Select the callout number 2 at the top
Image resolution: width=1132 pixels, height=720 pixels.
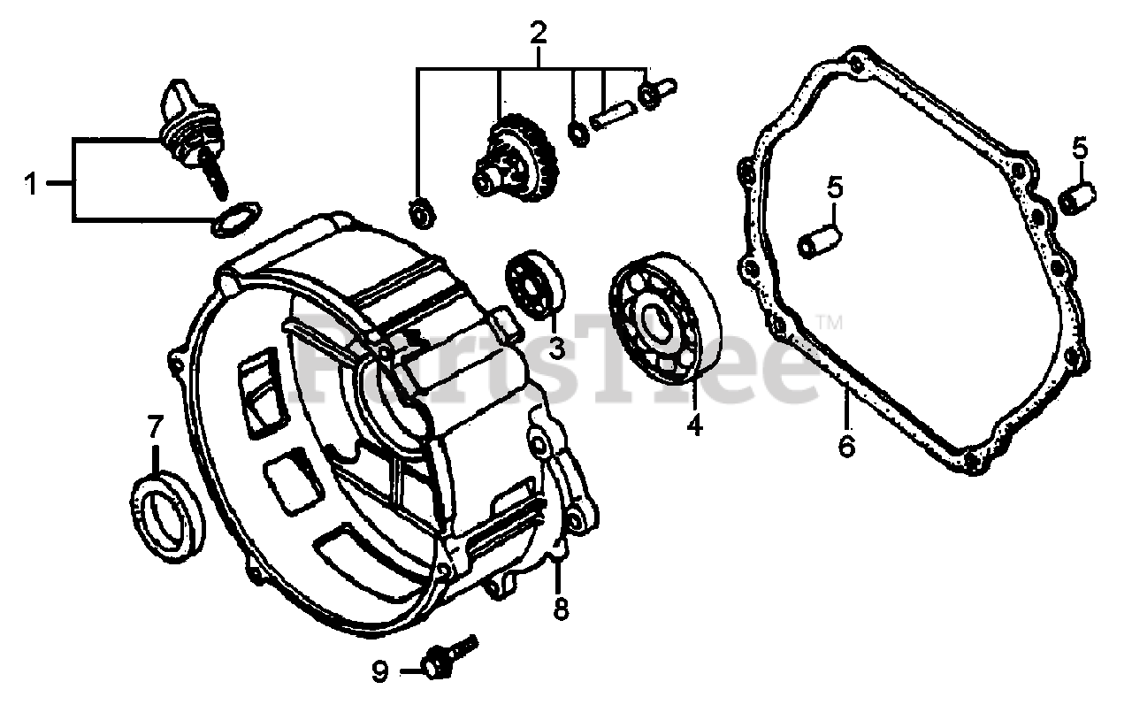point(539,34)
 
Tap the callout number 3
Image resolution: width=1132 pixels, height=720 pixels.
point(556,348)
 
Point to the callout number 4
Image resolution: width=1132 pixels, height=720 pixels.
point(694,425)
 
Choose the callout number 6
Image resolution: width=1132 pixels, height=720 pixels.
point(846,446)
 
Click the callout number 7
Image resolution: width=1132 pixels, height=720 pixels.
point(155,428)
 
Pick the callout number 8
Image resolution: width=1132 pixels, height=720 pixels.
point(562,609)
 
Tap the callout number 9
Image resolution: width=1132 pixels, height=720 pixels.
point(379,673)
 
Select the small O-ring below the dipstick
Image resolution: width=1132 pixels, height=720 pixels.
point(237,218)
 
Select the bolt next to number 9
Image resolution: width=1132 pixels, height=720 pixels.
point(448,655)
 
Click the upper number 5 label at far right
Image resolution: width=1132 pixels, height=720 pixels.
point(1080,149)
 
